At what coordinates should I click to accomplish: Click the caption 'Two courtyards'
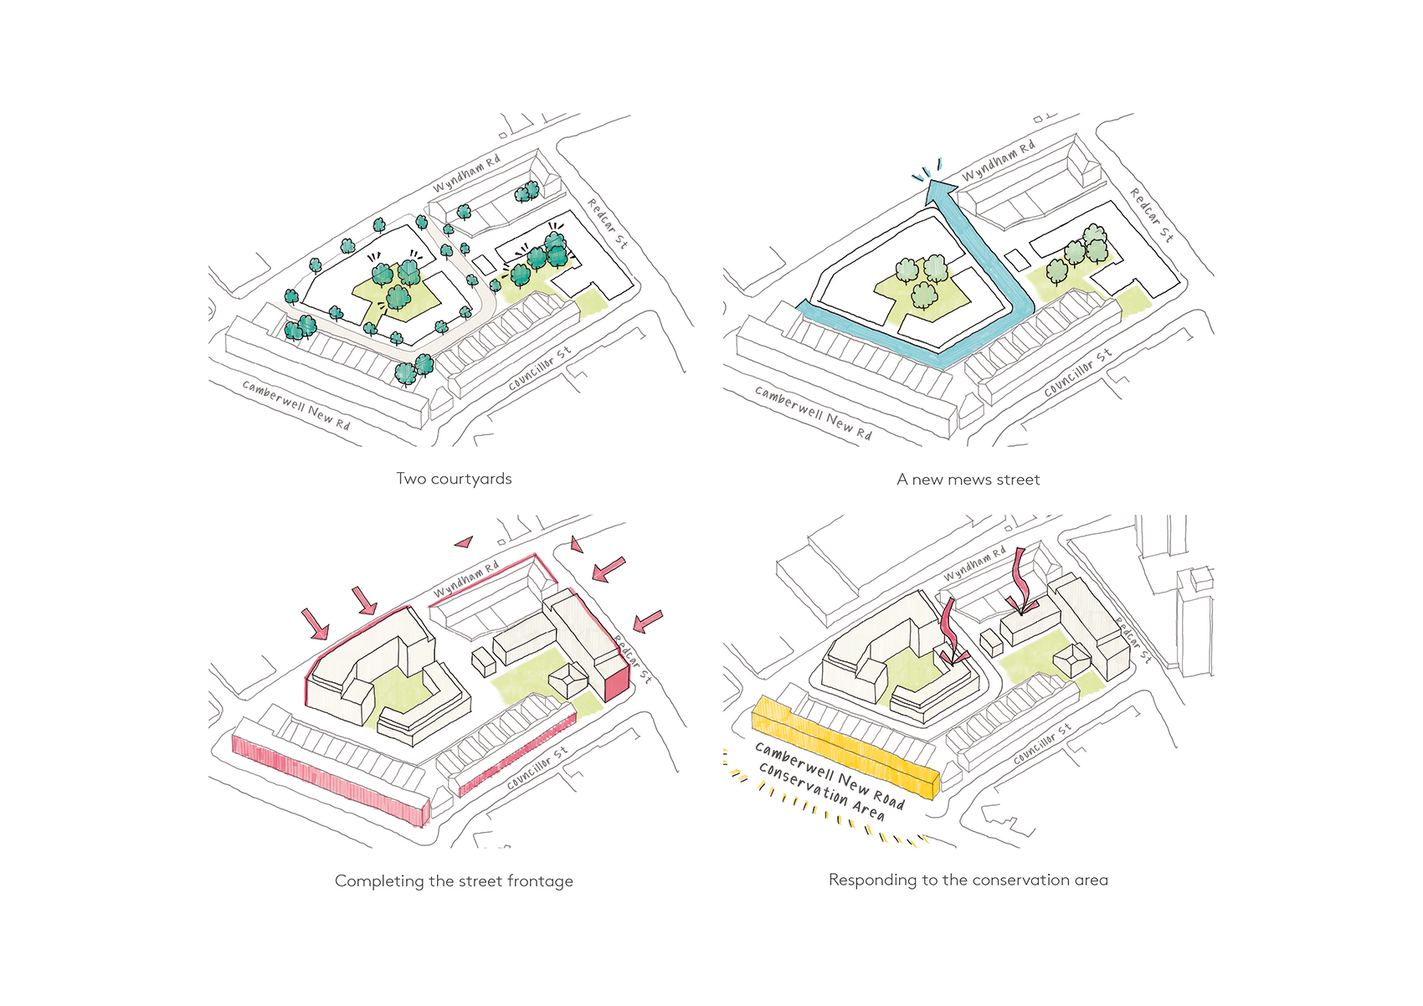point(454,479)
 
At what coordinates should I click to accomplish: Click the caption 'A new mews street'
point(968,480)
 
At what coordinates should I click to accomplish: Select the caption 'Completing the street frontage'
point(454,880)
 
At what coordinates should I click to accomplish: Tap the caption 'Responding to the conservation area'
point(968,880)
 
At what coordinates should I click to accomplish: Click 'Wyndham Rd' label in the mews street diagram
point(998,161)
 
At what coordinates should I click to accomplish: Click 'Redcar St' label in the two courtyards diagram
point(607,223)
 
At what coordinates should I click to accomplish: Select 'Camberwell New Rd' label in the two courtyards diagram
point(296,404)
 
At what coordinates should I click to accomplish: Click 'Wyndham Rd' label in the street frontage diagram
point(466,579)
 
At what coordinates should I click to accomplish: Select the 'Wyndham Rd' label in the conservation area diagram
point(974,565)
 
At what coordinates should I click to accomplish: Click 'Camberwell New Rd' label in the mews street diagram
point(813,413)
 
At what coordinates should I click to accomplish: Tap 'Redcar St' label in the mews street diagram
point(1152,214)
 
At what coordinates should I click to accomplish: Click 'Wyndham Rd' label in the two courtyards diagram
point(466,173)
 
